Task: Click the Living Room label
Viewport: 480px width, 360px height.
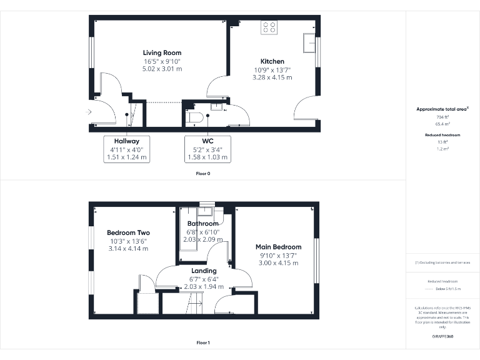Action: click(x=162, y=53)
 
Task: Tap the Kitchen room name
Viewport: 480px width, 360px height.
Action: click(x=272, y=61)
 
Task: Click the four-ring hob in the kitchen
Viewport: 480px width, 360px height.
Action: click(x=270, y=27)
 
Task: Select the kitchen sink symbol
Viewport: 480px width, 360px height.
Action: click(x=309, y=44)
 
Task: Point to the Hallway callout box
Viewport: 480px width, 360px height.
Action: click(x=127, y=149)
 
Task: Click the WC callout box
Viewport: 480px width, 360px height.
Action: click(x=207, y=149)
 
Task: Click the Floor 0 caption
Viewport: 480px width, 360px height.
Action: click(x=203, y=173)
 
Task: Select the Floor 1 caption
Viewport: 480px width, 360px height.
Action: click(x=203, y=342)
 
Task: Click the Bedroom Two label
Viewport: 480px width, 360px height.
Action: click(x=128, y=232)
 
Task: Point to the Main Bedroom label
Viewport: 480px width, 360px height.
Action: click(x=279, y=247)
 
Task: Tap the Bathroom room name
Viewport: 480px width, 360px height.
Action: click(x=203, y=224)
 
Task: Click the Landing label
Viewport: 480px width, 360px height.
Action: click(x=204, y=271)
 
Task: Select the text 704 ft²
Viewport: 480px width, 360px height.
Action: click(x=442, y=117)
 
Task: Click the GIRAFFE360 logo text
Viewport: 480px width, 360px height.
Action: click(x=442, y=337)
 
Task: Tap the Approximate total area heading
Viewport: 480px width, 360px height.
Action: click(x=442, y=109)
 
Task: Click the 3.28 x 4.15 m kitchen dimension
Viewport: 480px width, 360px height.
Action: click(x=272, y=77)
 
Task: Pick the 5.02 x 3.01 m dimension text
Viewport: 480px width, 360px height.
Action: click(x=162, y=69)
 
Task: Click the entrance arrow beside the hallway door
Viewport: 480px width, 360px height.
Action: click(x=89, y=112)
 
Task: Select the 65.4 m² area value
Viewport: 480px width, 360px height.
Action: click(x=442, y=124)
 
